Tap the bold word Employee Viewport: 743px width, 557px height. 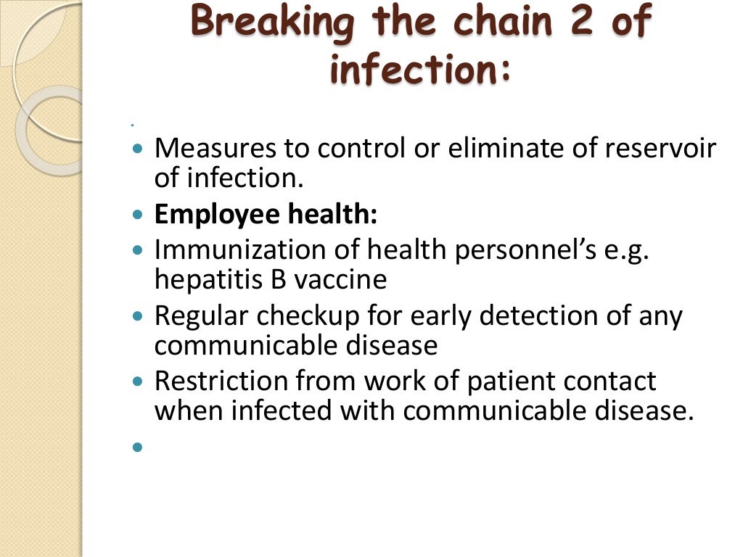pos(217,215)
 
